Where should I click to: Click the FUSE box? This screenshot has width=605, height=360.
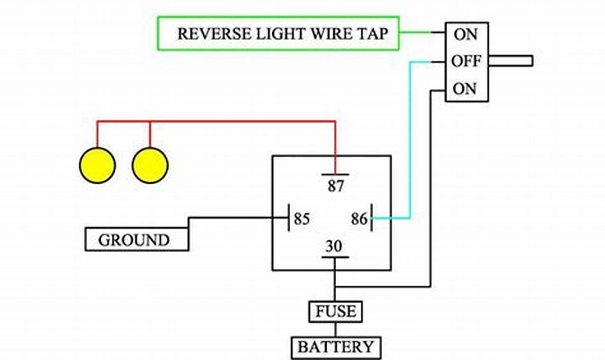tap(336, 311)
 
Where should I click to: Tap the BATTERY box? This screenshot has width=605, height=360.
tap(336, 347)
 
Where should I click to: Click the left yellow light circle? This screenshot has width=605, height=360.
tap(97, 165)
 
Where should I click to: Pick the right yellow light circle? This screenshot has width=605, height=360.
tap(150, 165)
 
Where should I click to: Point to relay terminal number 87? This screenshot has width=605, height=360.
tap(336, 185)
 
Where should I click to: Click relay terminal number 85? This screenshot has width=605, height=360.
tap(302, 219)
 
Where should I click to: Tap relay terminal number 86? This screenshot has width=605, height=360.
tap(359, 219)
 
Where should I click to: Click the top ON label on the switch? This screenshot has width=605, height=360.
tap(465, 34)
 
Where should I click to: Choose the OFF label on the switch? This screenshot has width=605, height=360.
tap(466, 61)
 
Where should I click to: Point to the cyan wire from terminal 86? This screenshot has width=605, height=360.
tap(410, 142)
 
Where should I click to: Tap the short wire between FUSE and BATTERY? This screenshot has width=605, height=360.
tap(336, 330)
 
